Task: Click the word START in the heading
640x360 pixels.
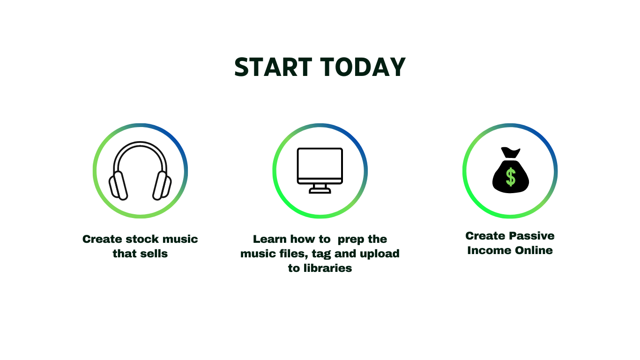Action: (x=273, y=67)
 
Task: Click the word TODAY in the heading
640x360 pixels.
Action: (x=363, y=67)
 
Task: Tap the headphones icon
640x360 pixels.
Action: (x=140, y=171)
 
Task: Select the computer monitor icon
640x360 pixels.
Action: (x=320, y=171)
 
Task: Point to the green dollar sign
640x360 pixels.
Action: (x=511, y=177)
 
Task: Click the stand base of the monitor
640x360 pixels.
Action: (x=320, y=191)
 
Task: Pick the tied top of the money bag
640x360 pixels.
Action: (x=511, y=152)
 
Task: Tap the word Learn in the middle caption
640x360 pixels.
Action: (x=270, y=239)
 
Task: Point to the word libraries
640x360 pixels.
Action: (x=327, y=268)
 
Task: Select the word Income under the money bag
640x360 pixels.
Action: (x=490, y=250)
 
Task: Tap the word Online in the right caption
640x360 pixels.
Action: (x=534, y=250)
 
